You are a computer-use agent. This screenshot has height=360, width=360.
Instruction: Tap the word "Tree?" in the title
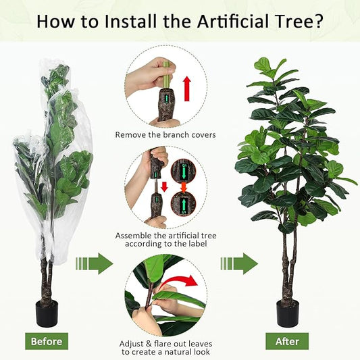[x=297, y=21]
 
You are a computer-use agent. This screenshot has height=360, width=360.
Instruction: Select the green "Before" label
[x=47, y=341]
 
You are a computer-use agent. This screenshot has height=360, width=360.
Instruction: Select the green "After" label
[x=287, y=341]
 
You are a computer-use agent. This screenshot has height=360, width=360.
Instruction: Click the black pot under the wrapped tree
[x=47, y=313]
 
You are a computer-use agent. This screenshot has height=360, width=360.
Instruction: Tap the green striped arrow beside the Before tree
[x=94, y=263]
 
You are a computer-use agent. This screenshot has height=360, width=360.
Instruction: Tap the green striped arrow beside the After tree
[x=239, y=263]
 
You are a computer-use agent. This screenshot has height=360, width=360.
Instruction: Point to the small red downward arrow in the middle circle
[x=163, y=186]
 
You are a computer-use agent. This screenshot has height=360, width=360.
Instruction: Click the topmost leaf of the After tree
[x=263, y=65]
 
